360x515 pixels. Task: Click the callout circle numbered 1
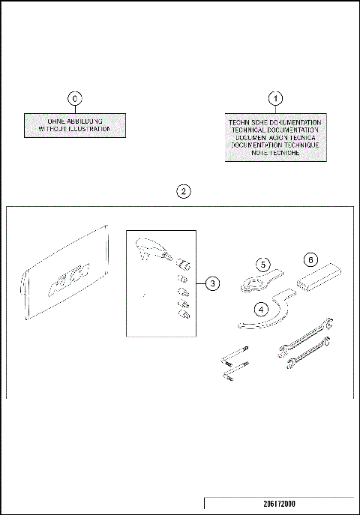pos(275,98)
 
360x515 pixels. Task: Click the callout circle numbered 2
pos(183,191)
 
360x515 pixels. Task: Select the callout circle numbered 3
pos(213,283)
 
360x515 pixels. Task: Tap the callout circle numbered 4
pos(261,308)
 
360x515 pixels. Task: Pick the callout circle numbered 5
pos(262,264)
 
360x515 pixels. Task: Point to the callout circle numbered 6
pos(309,259)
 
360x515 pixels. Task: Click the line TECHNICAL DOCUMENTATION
pos(275,129)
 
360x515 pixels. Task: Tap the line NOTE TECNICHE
pos(275,152)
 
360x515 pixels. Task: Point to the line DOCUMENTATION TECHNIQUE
pos(275,145)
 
